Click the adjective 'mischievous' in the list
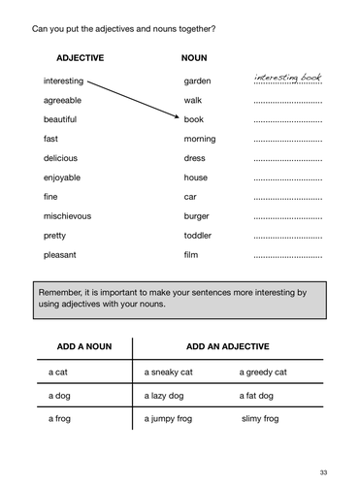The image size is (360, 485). [67, 216]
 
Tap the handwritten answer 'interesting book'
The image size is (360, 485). [288, 78]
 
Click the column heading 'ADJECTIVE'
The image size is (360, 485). [80, 58]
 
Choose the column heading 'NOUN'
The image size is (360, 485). [194, 58]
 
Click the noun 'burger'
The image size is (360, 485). [199, 216]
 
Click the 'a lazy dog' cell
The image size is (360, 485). [170, 396]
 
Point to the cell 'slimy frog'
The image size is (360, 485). [260, 419]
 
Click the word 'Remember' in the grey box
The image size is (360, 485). [61, 291]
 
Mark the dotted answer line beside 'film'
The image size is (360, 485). [287, 258]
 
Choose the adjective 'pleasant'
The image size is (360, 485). [61, 255]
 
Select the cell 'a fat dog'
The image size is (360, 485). [256, 396]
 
